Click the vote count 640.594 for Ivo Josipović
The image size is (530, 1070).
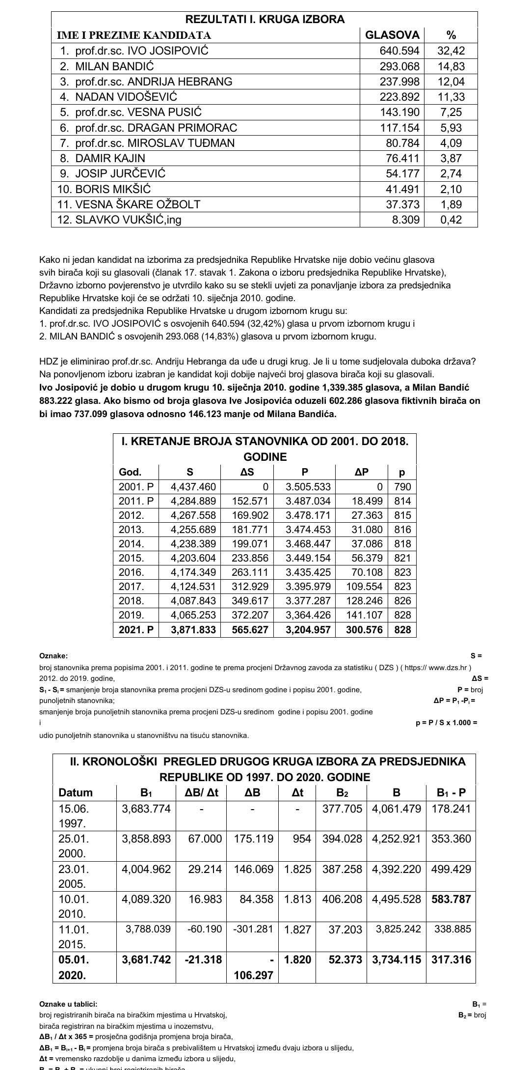pos(399,51)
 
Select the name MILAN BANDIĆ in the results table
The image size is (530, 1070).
pos(114,66)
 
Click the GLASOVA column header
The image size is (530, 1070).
pos(393,35)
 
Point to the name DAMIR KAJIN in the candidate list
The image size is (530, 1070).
pos(110,158)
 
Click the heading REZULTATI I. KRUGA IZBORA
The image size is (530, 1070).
pos(265,20)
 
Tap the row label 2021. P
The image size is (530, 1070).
pos(136,629)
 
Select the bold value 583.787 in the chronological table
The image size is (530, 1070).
pos(451,899)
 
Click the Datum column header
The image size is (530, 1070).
pos(76,792)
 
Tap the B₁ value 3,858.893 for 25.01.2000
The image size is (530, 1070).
pos(146,838)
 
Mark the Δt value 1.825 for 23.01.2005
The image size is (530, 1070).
pos(297,869)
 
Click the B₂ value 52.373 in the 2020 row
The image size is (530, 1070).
pos(345,959)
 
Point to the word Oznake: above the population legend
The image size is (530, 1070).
pos(53,656)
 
